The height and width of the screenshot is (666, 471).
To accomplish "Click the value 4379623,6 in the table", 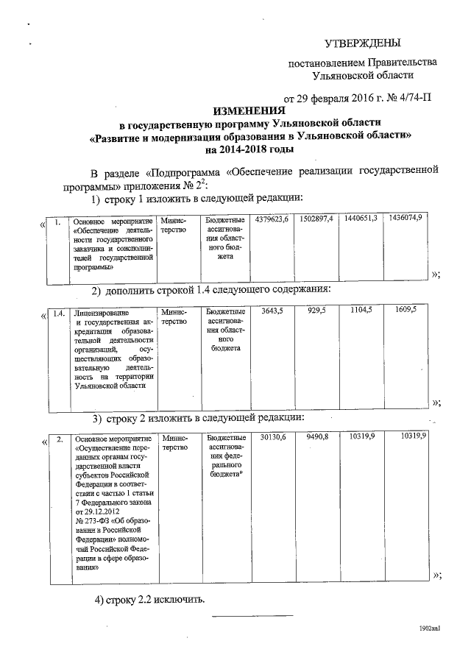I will click(273, 220).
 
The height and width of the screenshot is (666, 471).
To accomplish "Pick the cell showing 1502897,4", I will click(317, 220).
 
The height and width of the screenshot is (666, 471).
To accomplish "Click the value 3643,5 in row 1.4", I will click(273, 312).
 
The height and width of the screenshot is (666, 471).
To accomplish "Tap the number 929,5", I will click(316, 312).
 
